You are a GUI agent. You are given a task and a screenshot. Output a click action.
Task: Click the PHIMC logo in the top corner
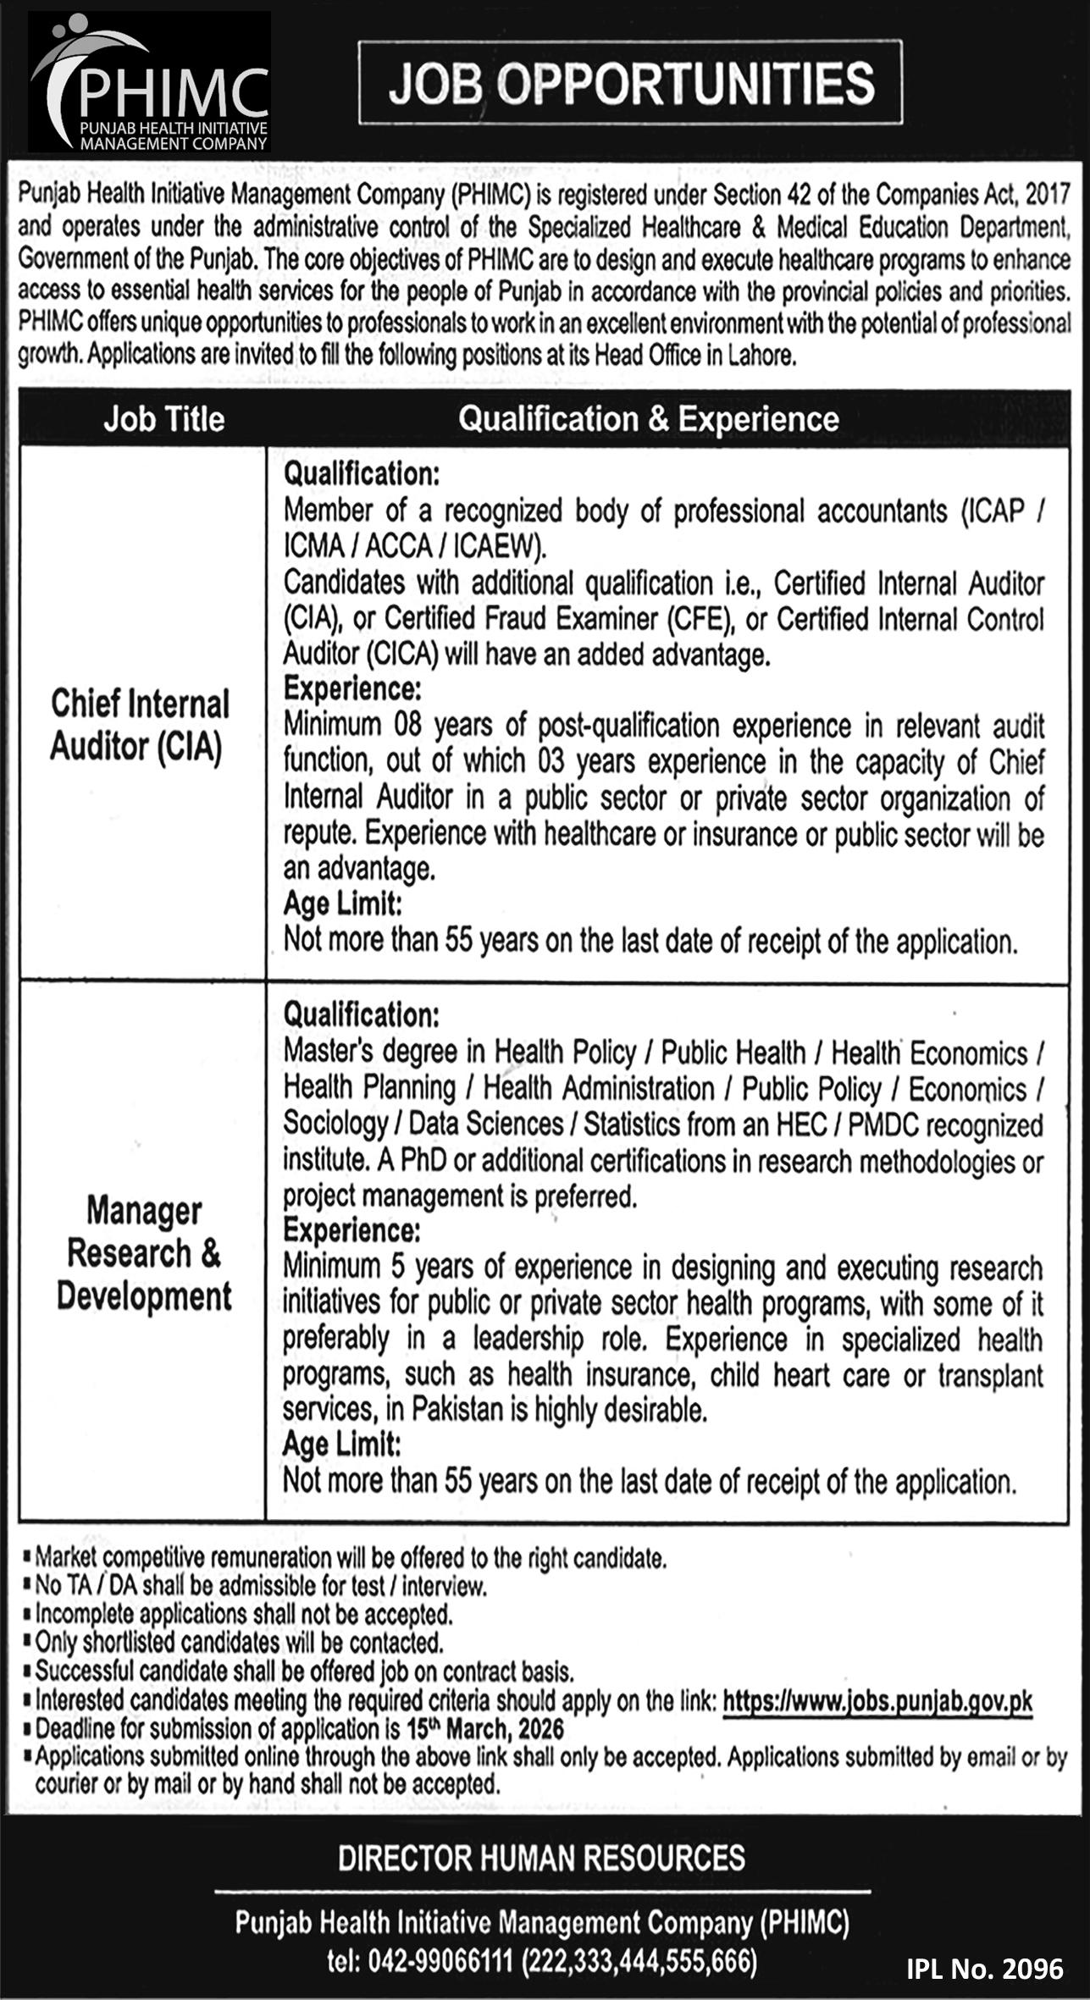(150, 83)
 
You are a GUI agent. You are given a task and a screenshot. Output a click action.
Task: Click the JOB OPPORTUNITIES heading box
(630, 83)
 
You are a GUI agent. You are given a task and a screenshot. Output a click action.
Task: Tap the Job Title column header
(163, 419)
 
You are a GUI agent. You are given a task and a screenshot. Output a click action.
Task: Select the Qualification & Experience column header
(648, 419)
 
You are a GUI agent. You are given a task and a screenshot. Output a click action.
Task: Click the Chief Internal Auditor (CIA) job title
(140, 726)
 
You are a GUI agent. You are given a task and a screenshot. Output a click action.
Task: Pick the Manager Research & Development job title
(144, 1253)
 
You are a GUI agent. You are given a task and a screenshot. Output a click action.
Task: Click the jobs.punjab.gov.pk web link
(877, 1701)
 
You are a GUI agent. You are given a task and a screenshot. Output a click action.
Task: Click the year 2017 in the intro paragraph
(1048, 196)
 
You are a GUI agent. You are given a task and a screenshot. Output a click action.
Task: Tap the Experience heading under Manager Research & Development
(351, 1229)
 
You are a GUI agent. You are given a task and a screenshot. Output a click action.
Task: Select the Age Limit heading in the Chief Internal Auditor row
(342, 904)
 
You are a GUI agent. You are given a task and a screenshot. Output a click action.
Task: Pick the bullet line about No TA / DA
(260, 1586)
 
